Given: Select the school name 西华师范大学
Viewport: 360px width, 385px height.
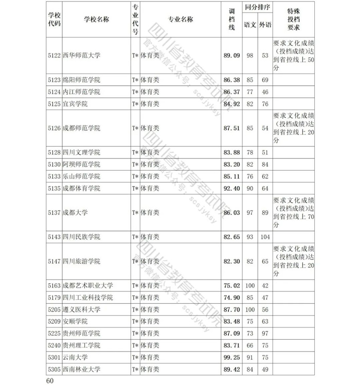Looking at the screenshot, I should [x=81, y=56].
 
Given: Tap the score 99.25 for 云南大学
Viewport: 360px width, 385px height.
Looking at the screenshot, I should [x=232, y=357].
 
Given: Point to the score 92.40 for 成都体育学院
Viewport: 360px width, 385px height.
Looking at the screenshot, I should [x=232, y=188].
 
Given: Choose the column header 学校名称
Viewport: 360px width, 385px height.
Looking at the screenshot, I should [x=96, y=20].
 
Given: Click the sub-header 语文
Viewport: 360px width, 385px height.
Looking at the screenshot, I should [x=250, y=24].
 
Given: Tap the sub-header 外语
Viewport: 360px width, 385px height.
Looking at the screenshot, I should [x=265, y=24].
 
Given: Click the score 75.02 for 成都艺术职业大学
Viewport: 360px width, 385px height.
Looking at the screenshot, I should [x=232, y=285].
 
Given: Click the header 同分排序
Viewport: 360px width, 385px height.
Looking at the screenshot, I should [x=258, y=9].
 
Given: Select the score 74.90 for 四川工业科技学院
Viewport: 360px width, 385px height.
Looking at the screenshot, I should [x=232, y=298].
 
